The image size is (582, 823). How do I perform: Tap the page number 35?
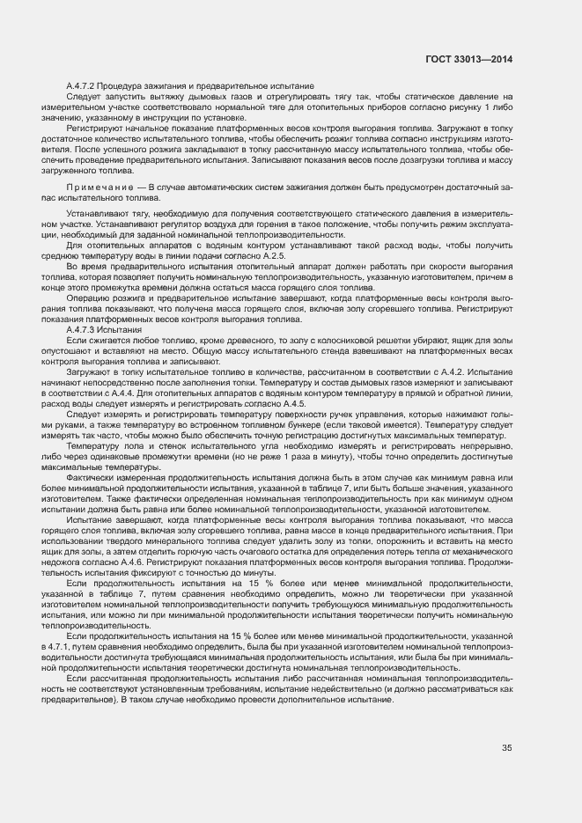tap(506, 748)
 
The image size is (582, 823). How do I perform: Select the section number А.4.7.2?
tap(85, 85)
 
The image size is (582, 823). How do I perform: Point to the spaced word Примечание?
tap(99, 188)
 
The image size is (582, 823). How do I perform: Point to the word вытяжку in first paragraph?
tap(155, 95)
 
